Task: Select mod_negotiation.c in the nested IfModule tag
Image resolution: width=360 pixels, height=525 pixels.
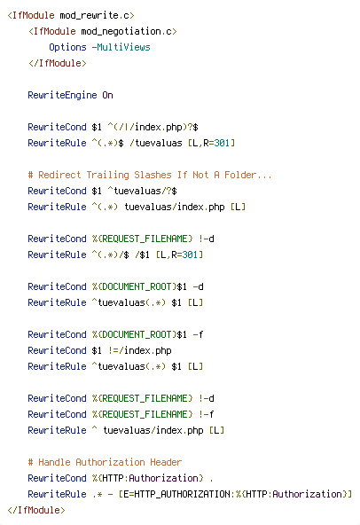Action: (127, 31)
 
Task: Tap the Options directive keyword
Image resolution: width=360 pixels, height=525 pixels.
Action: (67, 47)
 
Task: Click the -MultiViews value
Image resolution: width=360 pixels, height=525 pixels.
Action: (121, 47)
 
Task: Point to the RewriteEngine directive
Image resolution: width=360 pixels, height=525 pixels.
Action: (62, 96)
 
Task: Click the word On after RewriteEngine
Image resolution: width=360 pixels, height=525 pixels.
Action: (107, 96)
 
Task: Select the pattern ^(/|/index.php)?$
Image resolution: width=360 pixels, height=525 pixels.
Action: (153, 127)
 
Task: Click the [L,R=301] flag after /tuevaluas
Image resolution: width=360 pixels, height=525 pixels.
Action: (211, 144)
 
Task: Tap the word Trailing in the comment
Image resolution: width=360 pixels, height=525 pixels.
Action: (107, 175)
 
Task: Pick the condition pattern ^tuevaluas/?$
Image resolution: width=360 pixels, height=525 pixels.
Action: (143, 192)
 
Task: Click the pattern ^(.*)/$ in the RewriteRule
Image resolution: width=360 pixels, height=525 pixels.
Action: (111, 255)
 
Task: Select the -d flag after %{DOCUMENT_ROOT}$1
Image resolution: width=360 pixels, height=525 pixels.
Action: (198, 287)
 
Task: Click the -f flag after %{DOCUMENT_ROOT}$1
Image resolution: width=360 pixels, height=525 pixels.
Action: (198, 335)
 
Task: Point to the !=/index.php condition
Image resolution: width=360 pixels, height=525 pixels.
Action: (139, 350)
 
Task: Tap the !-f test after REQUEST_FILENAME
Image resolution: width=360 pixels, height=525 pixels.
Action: (206, 414)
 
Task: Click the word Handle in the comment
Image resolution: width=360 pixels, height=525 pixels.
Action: (54, 462)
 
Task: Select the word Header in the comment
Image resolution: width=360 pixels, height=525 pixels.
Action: (166, 462)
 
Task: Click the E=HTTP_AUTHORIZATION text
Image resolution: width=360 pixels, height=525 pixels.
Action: (176, 494)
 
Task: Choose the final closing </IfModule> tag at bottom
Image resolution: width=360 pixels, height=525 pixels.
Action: (35, 510)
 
